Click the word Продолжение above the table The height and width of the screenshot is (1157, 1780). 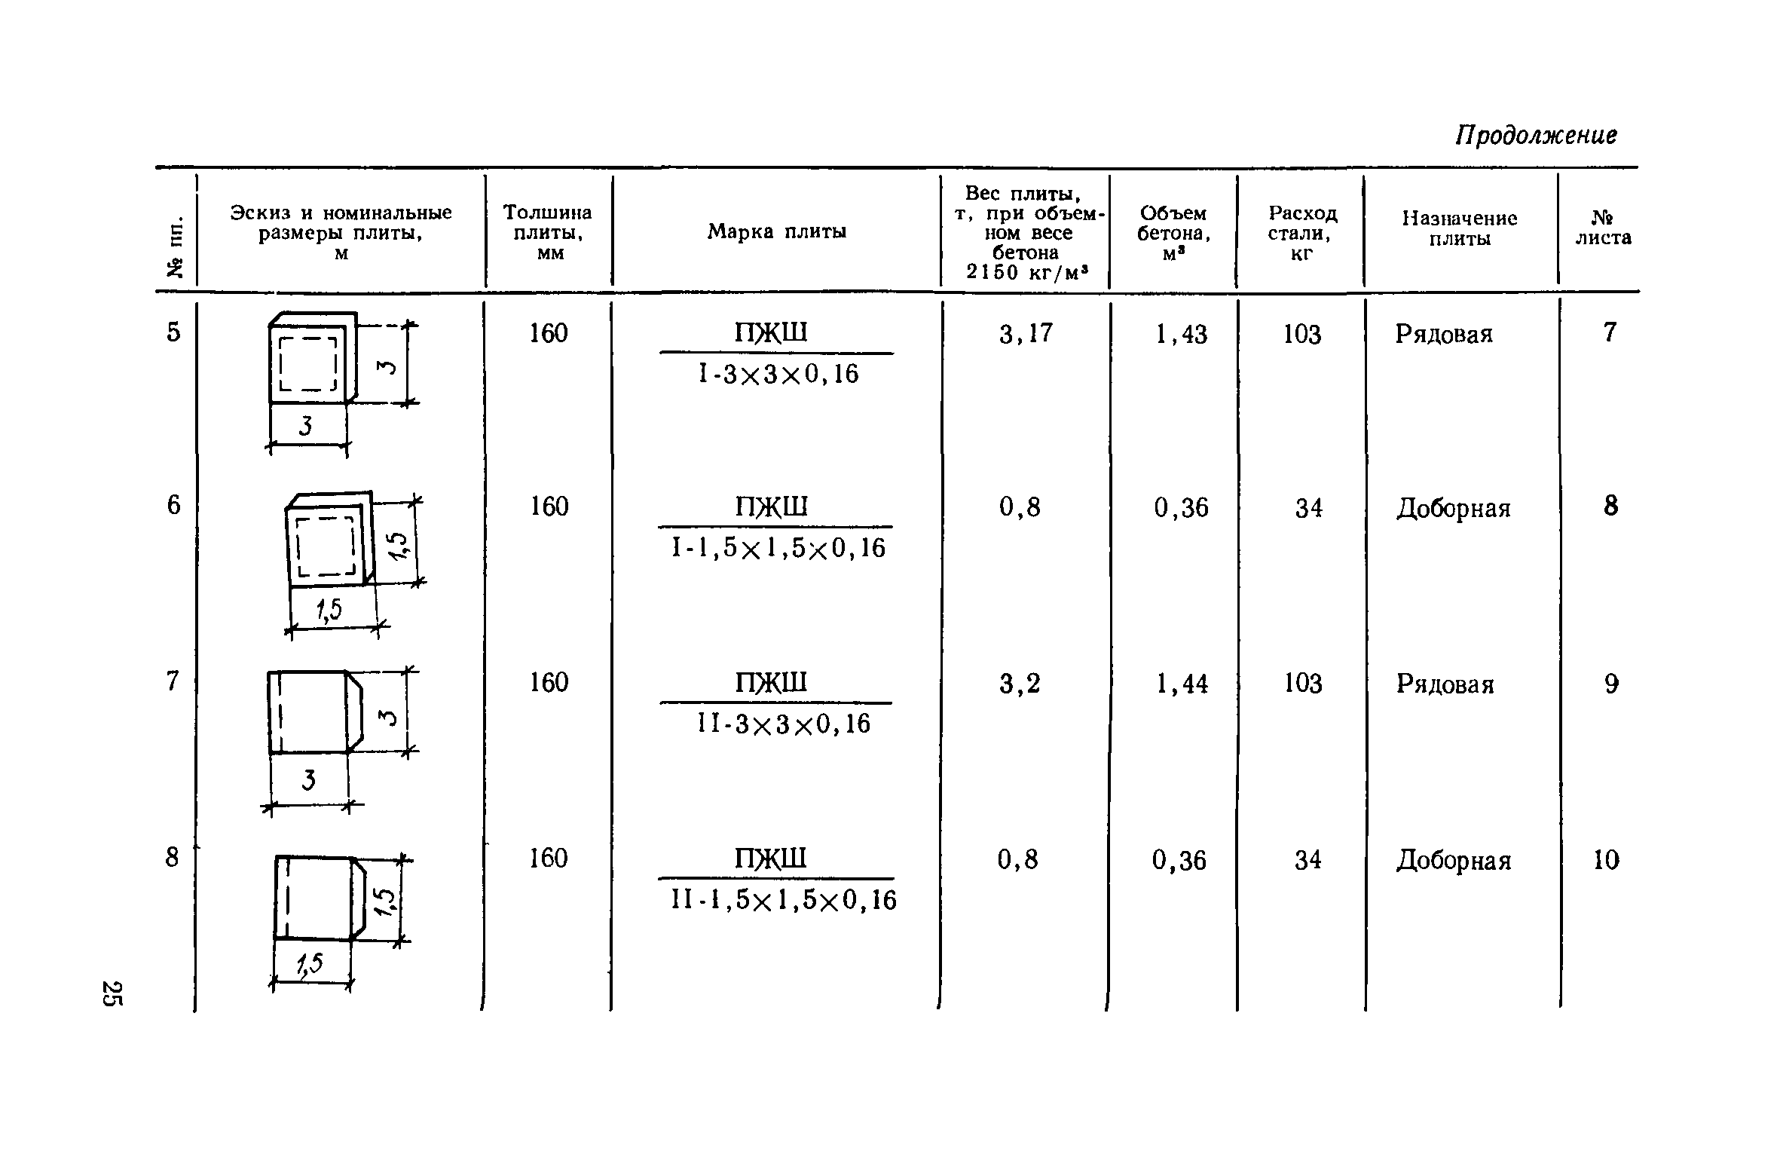pyautogui.click(x=1535, y=136)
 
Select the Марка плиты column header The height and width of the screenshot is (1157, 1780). pyautogui.click(x=776, y=231)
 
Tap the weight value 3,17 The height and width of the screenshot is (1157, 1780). pyautogui.click(x=1026, y=334)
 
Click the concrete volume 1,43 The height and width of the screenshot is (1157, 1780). pyautogui.click(x=1181, y=335)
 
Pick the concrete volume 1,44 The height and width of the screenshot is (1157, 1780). pyautogui.click(x=1182, y=684)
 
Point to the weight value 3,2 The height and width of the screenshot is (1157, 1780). pyautogui.click(x=1020, y=684)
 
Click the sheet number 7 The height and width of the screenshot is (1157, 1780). pyautogui.click(x=1610, y=332)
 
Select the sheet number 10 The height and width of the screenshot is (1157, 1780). pyautogui.click(x=1606, y=860)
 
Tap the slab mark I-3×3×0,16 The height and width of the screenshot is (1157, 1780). pyautogui.click(x=778, y=375)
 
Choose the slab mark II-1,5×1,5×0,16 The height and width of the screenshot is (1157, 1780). pyautogui.click(x=784, y=900)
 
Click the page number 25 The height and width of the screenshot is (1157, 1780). pyautogui.click(x=111, y=993)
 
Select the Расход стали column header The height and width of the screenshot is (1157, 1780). pyautogui.click(x=1302, y=233)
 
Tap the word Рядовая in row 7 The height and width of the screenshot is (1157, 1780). pyautogui.click(x=1445, y=684)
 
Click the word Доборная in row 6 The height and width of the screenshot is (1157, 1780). pyautogui.click(x=1453, y=509)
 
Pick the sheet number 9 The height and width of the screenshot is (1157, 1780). pyautogui.click(x=1610, y=684)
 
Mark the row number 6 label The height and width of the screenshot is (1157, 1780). pyautogui.click(x=174, y=506)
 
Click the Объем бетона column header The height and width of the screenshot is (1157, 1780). pyautogui.click(x=1173, y=233)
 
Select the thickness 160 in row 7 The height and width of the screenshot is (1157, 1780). pyautogui.click(x=548, y=683)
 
